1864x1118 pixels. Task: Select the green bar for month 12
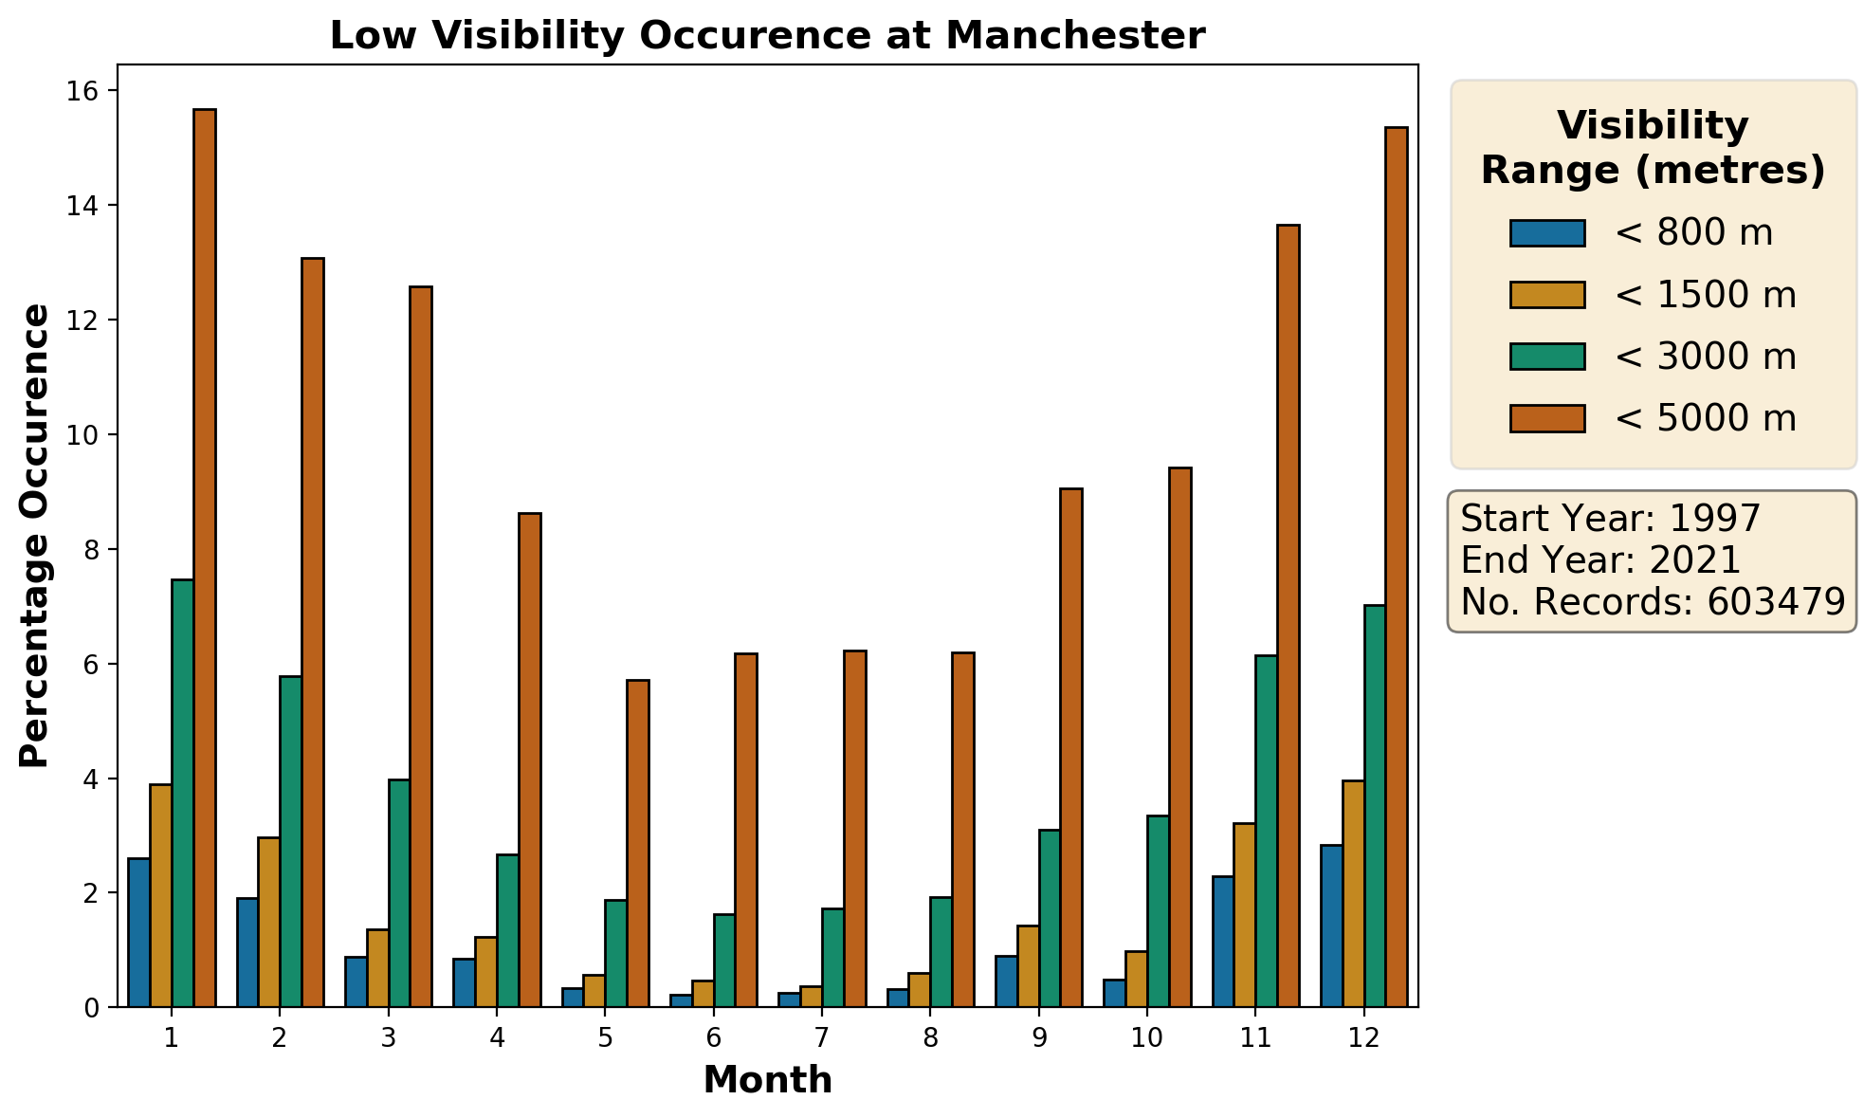pos(1375,806)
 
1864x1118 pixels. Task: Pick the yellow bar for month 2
pos(268,922)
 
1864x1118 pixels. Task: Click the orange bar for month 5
pos(638,843)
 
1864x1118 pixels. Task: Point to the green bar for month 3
pos(399,893)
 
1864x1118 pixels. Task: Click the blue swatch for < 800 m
pos(1547,233)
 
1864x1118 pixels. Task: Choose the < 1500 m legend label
pos(1705,295)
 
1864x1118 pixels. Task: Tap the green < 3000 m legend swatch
pos(1547,357)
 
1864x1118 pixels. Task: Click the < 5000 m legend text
pos(1705,418)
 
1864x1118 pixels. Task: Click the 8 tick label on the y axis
pos(92,550)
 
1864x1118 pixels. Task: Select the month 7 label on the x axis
pos(822,1038)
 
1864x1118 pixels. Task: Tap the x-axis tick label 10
pos(1147,1038)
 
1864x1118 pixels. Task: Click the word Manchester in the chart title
pos(1075,36)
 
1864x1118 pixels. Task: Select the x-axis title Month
pos(767,1080)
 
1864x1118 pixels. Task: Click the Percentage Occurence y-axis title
pos(35,536)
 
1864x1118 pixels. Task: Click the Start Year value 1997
pos(1714,519)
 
